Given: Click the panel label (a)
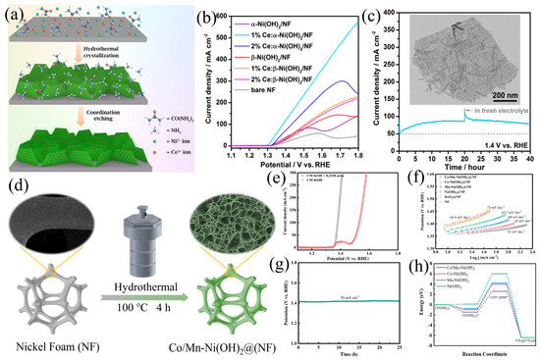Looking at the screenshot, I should click(13, 15).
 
